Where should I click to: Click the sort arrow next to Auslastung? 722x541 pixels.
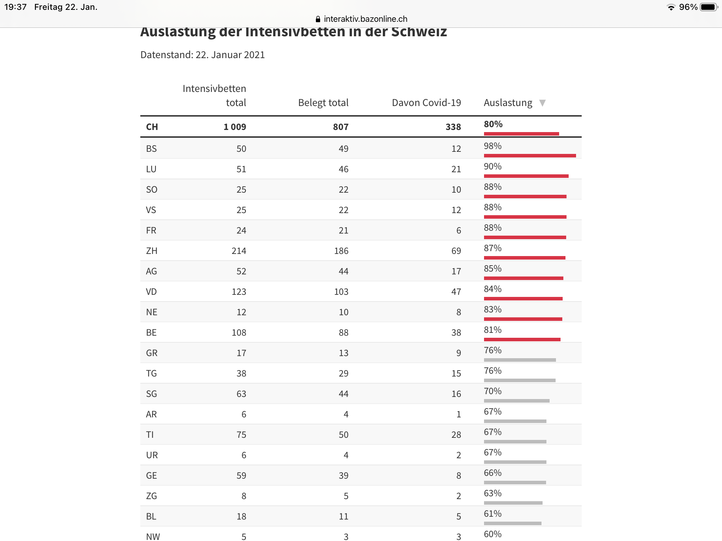pos(542,103)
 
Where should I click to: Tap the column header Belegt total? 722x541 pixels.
pos(323,103)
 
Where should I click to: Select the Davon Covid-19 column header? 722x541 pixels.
pos(426,103)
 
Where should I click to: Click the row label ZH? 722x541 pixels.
pos(152,251)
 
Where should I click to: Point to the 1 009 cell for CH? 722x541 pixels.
pos(235,127)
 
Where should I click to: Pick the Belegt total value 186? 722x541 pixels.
pos(341,251)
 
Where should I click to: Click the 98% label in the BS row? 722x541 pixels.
pos(492,146)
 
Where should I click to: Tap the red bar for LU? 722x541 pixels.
pos(526,176)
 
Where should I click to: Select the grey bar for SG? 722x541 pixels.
pos(516,401)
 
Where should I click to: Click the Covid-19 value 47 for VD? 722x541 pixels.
pos(456,292)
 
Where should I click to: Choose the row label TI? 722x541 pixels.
pos(150,435)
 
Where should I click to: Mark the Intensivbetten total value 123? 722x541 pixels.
pos(239,292)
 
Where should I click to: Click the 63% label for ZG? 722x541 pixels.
pos(492,493)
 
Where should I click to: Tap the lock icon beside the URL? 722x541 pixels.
pos(318,19)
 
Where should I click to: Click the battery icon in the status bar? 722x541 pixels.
pos(709,7)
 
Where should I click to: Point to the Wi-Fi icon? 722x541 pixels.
pos(671,7)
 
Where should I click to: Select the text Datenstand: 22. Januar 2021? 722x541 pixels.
pos(202,55)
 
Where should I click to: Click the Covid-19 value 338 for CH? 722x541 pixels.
pos(453,127)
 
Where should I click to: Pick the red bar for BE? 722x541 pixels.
pos(522,340)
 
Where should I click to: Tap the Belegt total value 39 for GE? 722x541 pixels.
pos(343,475)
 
